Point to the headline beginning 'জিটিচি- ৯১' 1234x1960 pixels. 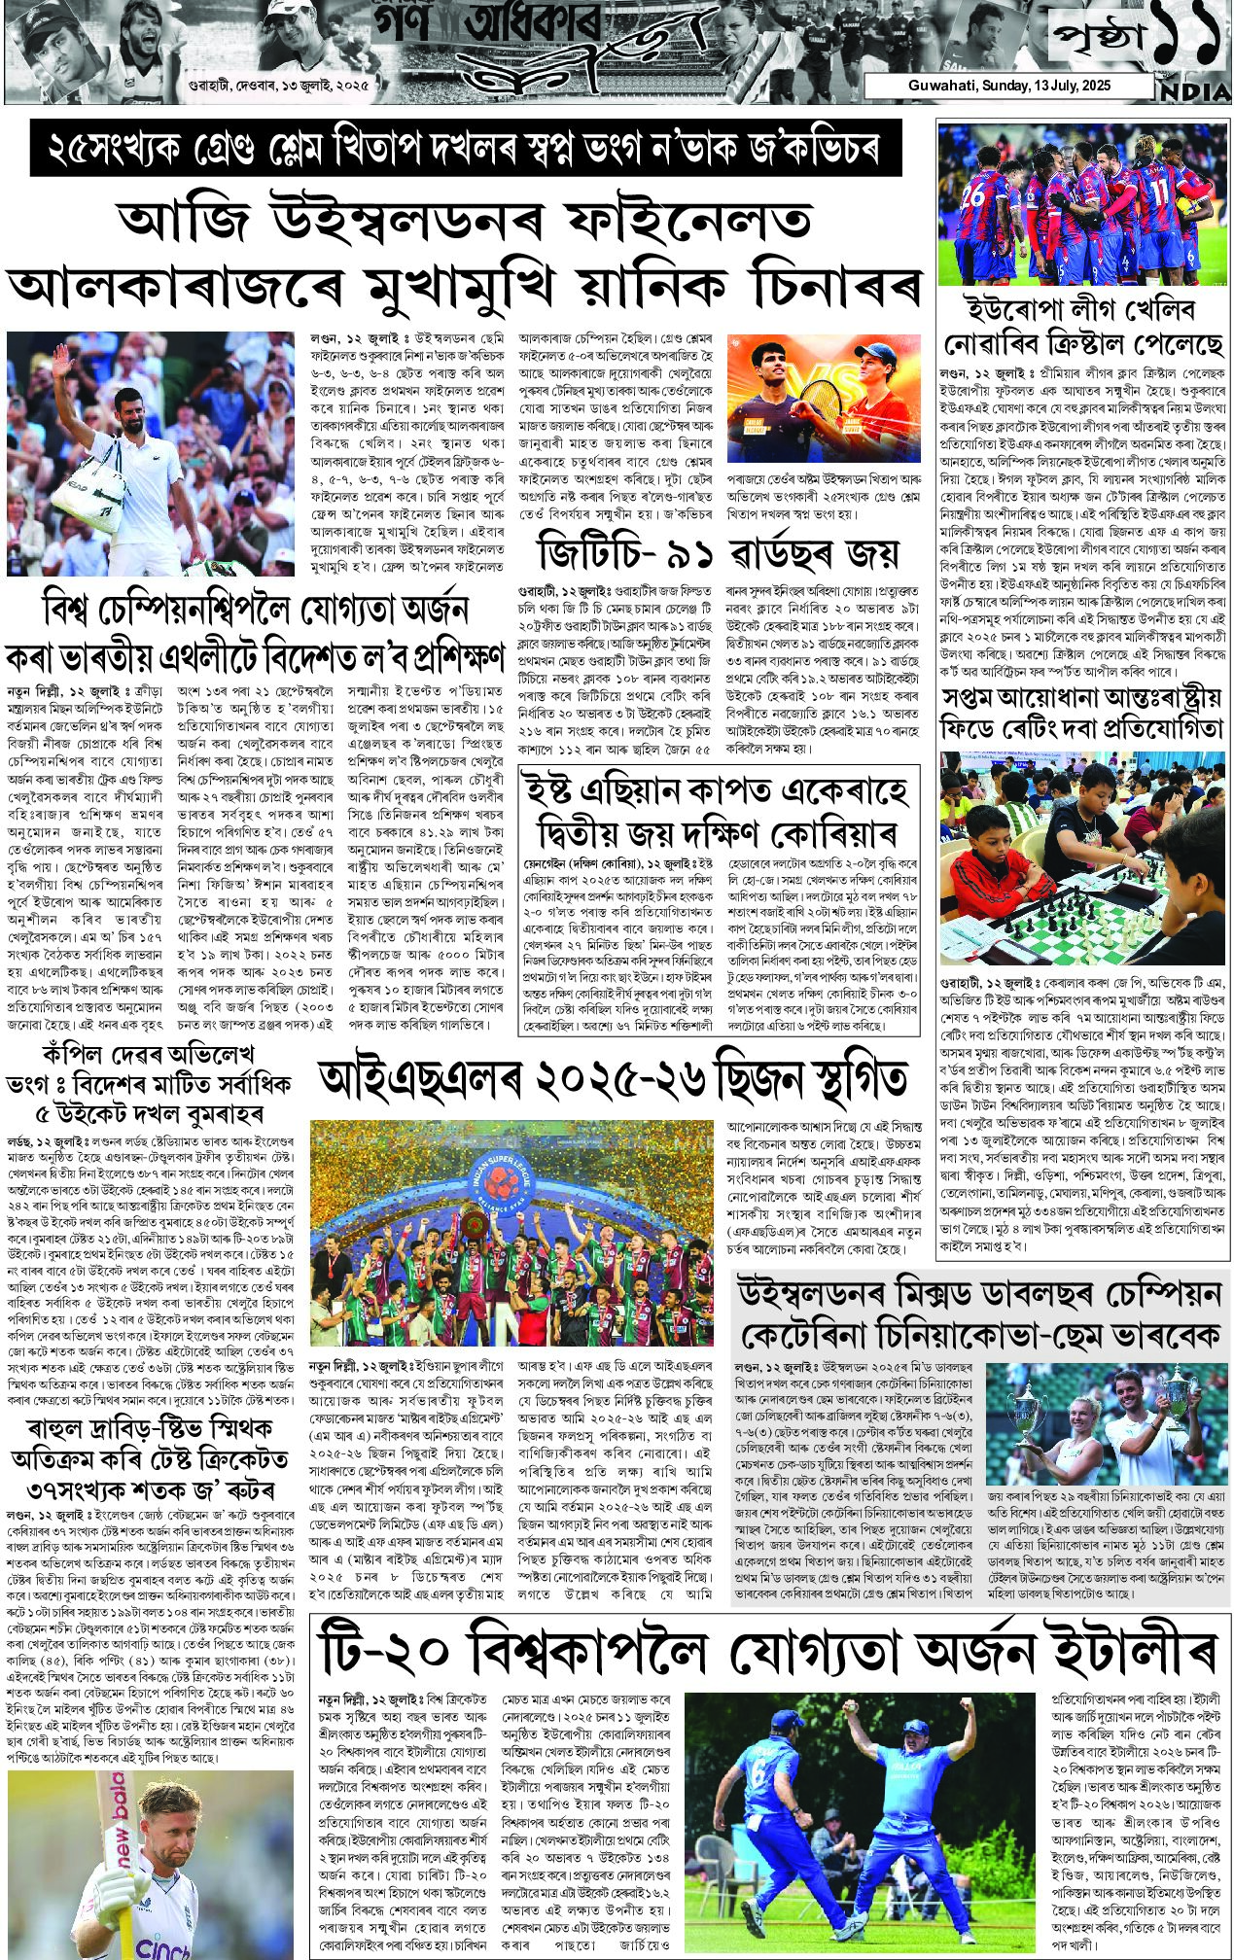click(x=719, y=554)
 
